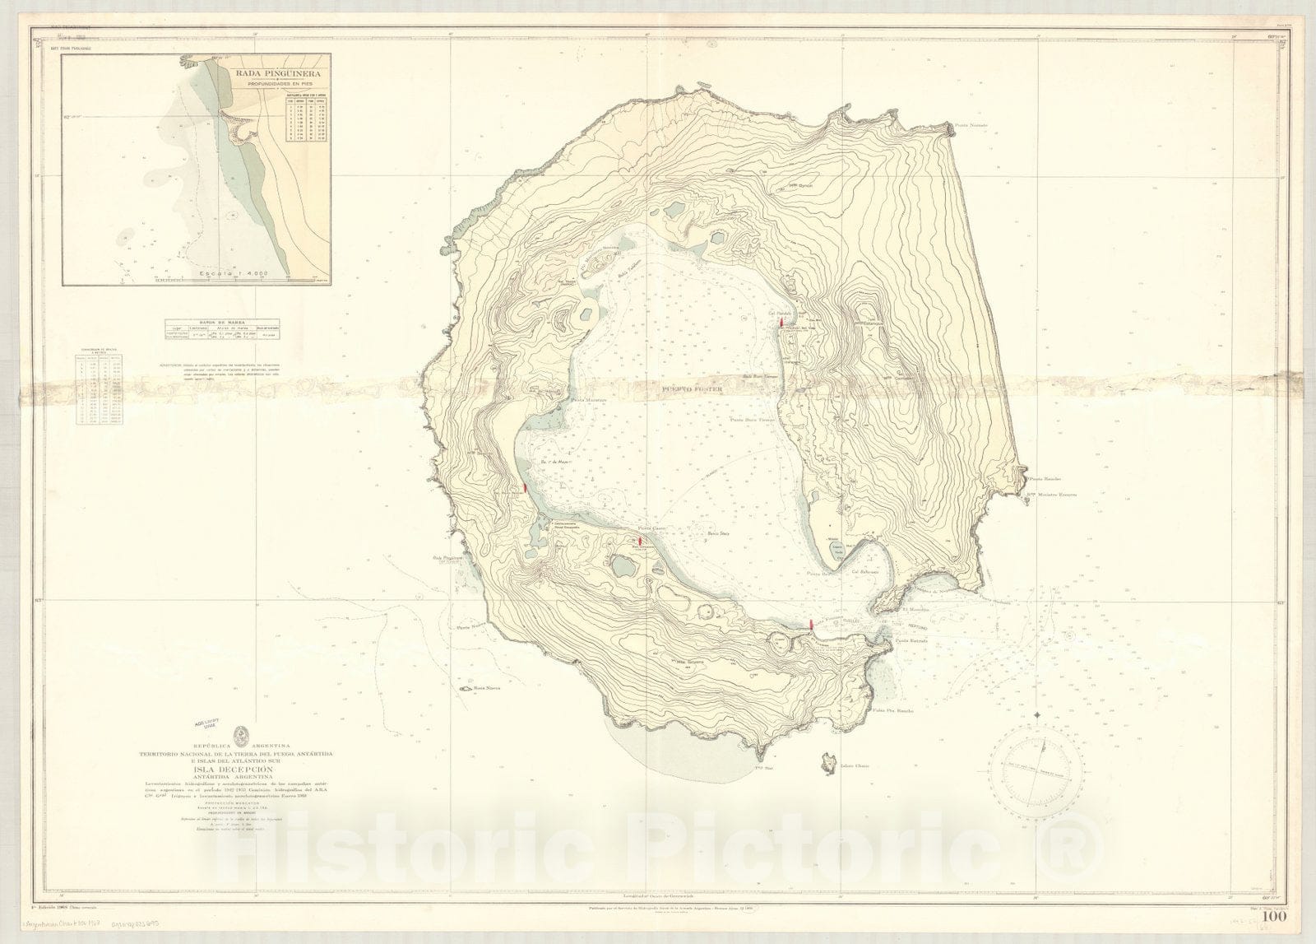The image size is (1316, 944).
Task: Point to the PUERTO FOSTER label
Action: [679, 393]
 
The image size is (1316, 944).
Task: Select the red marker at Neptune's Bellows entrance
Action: [812, 625]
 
